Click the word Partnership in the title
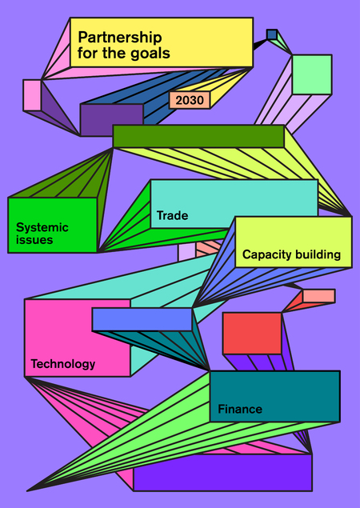(119, 38)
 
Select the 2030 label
(190, 101)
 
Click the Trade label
(172, 215)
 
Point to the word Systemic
(42, 228)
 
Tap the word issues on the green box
(34, 240)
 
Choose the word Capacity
(265, 254)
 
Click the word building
(315, 254)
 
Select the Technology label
(63, 364)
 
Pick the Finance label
(240, 409)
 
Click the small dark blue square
(272, 34)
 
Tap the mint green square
(312, 75)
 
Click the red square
(252, 334)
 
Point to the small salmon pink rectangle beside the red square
(319, 296)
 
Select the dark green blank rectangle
(198, 136)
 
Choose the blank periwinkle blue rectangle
(142, 319)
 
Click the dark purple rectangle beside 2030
(112, 120)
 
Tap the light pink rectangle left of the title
(32, 95)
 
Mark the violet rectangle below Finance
(222, 472)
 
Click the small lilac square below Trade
(186, 253)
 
